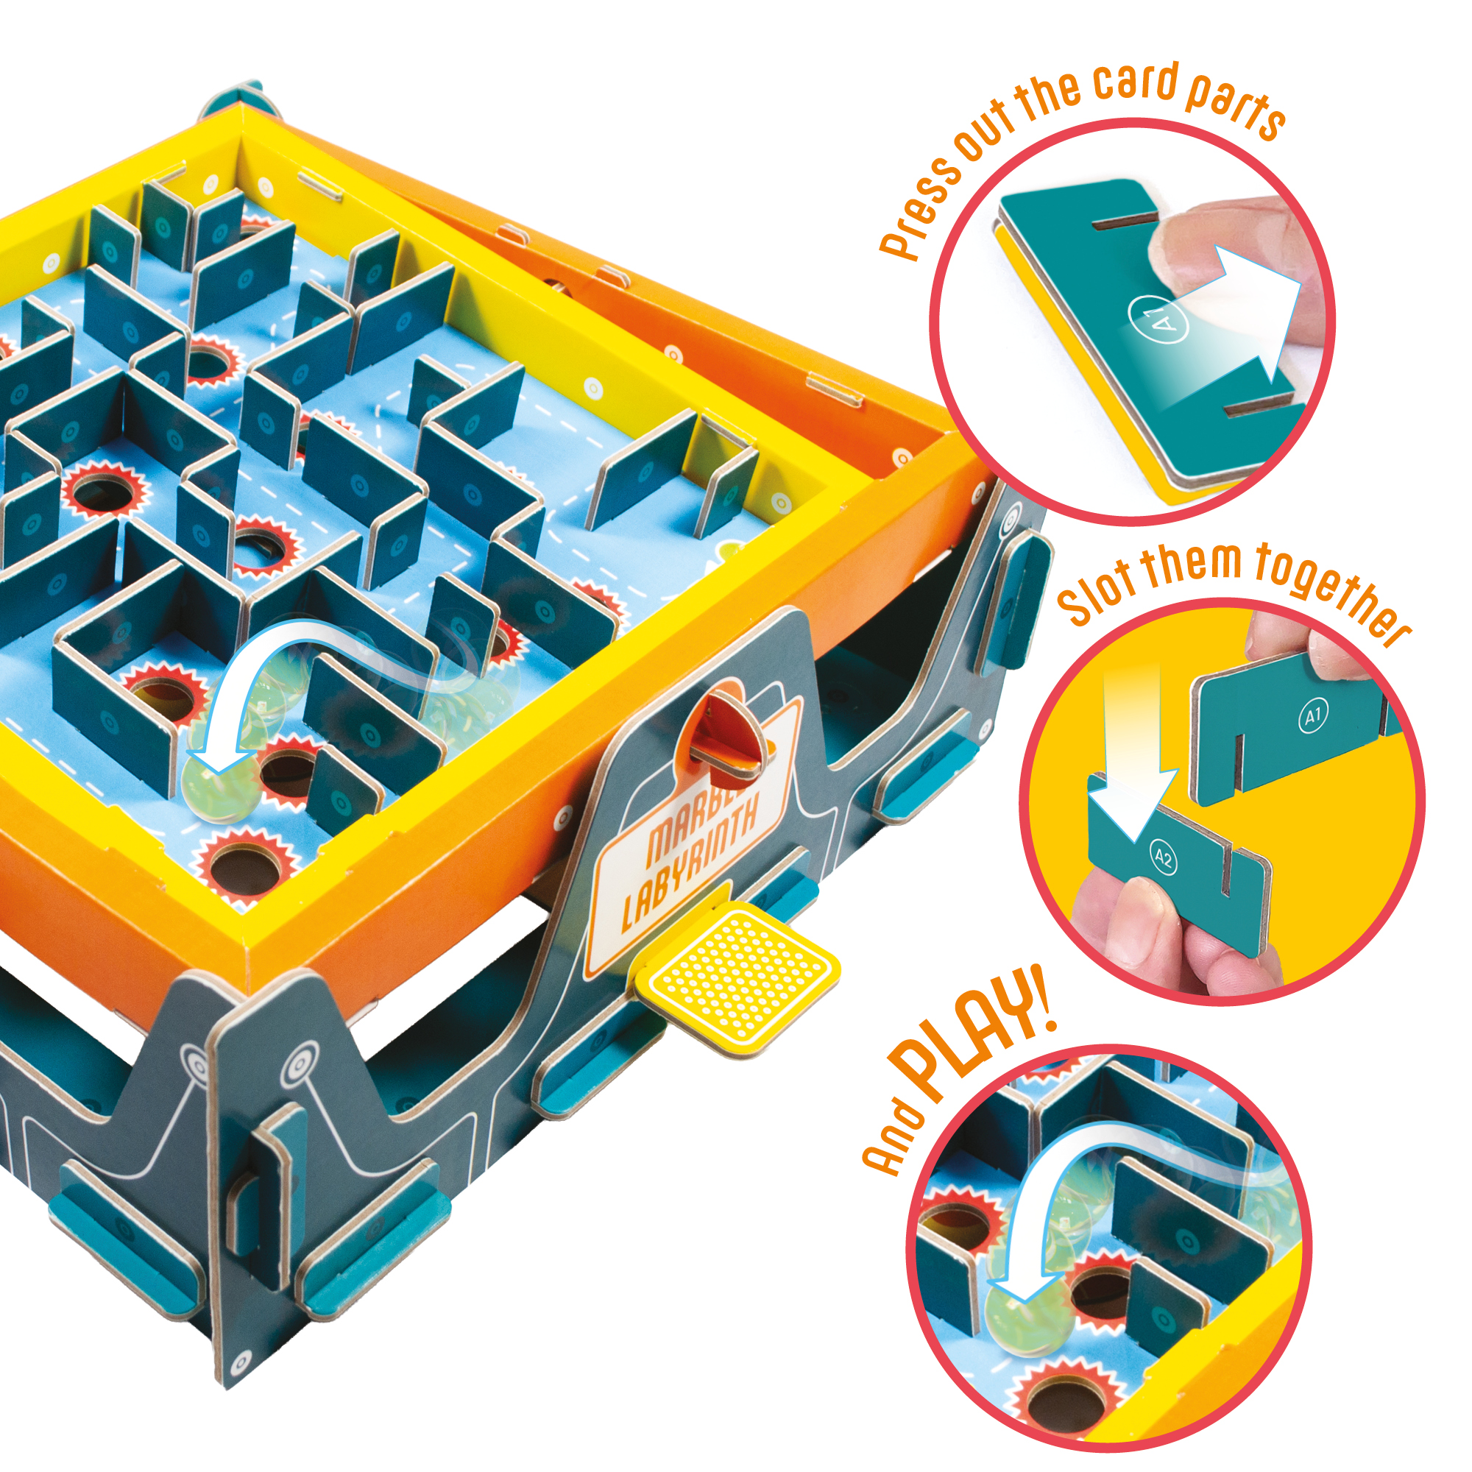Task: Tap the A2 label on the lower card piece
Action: point(1163,859)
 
